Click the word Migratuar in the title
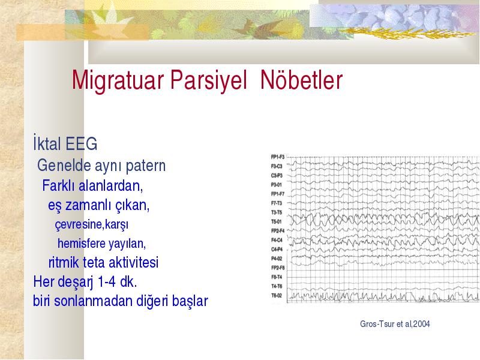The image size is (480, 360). click(x=118, y=80)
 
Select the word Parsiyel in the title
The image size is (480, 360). click(x=208, y=80)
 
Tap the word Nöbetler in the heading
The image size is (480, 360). click(x=301, y=80)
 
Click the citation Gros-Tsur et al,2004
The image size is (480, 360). click(x=395, y=324)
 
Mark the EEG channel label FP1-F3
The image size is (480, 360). click(x=278, y=157)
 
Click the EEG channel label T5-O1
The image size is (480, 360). click(x=277, y=221)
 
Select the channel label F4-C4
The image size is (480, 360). click(x=277, y=240)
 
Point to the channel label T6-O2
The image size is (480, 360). click(x=277, y=295)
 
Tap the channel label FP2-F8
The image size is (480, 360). click(x=278, y=268)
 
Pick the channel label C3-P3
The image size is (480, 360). click(x=277, y=175)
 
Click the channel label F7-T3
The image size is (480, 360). click(x=277, y=203)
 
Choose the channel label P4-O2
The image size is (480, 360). click(x=277, y=259)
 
